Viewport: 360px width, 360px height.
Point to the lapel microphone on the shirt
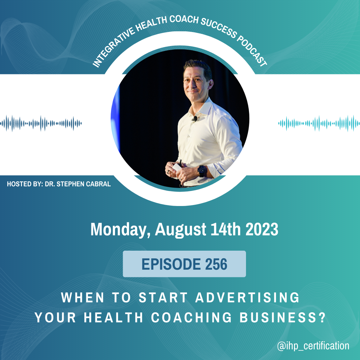195,119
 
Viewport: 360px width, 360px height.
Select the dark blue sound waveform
41,123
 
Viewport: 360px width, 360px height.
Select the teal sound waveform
319,123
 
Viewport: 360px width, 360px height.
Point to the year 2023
262,229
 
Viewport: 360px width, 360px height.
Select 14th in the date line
225,229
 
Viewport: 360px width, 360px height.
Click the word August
181,230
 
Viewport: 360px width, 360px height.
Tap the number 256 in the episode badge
216,264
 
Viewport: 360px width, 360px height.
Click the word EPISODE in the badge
171,264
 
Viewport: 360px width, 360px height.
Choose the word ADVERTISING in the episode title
247,298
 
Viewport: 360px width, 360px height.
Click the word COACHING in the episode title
191,318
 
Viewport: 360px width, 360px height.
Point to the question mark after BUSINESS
322,318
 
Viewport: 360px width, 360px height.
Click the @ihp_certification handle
313,346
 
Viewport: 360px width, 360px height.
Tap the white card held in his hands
177,167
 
